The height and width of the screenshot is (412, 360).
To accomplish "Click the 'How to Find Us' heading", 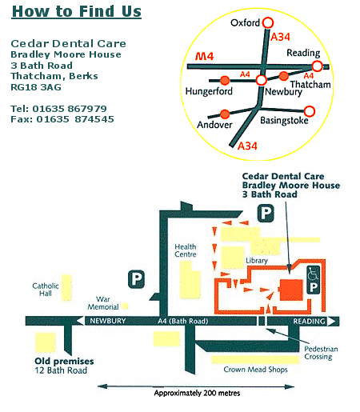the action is click(77, 12).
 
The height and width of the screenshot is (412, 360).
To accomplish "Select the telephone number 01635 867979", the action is click(70, 109).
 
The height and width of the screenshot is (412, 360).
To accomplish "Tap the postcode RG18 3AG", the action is click(36, 87).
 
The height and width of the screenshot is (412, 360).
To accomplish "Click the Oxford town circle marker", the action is click(268, 22).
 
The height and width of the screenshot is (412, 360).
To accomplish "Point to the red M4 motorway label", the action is click(205, 56).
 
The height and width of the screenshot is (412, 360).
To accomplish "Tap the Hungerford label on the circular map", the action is click(209, 91).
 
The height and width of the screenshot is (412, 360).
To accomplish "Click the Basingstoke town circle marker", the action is click(310, 111).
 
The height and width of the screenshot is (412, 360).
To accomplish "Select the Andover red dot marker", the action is click(225, 114).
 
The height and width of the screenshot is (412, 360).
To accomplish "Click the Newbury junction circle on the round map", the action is click(262, 80).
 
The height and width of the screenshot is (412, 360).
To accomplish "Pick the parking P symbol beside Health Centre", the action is click(136, 279).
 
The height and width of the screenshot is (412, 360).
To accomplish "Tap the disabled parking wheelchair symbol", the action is click(314, 274).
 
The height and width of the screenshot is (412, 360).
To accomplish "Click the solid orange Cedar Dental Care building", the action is click(291, 290).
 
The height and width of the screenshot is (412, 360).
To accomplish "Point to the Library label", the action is click(257, 261).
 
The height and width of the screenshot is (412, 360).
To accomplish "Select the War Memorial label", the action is click(103, 303).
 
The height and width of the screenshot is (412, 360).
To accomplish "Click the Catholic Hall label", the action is click(46, 290).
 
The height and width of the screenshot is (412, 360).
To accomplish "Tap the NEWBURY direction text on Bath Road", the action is click(108, 321).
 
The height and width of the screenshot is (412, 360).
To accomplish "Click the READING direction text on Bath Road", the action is click(310, 322).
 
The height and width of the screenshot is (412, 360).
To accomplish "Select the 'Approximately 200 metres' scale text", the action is click(197, 393).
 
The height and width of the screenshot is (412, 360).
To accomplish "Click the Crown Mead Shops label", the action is click(255, 370).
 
